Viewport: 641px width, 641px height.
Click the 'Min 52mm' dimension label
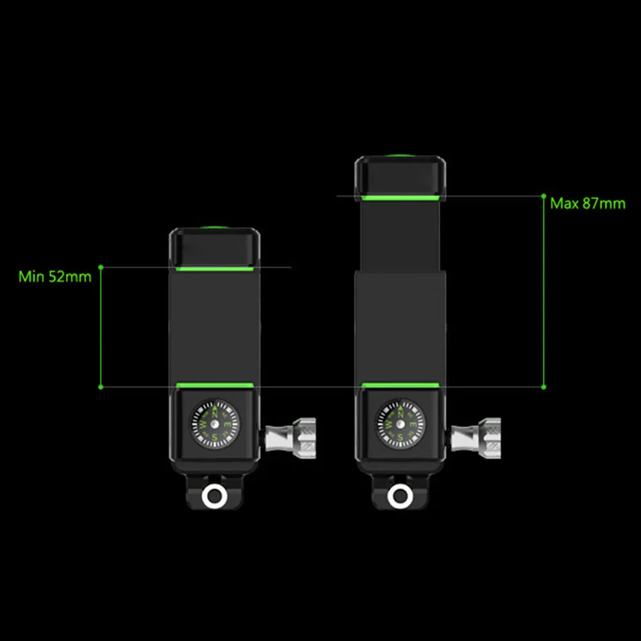click(x=54, y=277)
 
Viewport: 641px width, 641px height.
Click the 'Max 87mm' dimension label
click(x=587, y=204)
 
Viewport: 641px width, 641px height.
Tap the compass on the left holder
click(x=214, y=424)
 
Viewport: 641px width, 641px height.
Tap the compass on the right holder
click(x=400, y=424)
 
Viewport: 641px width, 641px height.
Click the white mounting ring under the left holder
click(x=214, y=497)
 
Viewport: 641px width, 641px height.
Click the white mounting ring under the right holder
click(x=400, y=497)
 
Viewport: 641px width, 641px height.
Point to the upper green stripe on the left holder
click(x=215, y=269)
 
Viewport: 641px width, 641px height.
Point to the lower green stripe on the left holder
click(x=215, y=385)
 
